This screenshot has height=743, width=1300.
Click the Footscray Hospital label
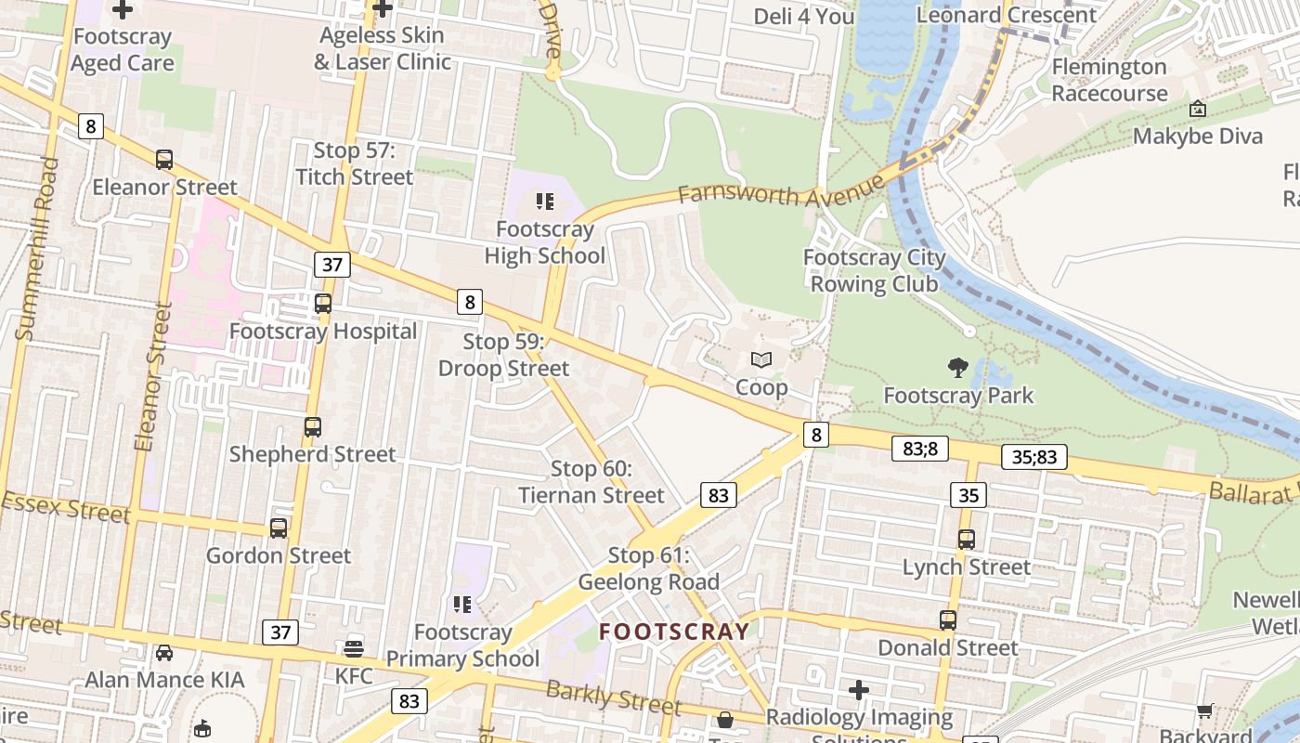click(x=323, y=332)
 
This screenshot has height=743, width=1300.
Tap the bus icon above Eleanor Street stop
click(x=164, y=160)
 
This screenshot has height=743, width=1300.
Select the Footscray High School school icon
click(x=545, y=201)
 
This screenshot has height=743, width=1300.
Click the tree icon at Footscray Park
click(x=958, y=368)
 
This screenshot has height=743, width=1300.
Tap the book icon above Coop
click(x=761, y=359)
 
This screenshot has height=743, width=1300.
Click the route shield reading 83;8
click(x=920, y=449)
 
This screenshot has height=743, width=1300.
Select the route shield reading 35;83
click(x=1034, y=457)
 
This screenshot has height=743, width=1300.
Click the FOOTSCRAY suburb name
click(x=674, y=632)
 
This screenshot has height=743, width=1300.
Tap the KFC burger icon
click(x=354, y=648)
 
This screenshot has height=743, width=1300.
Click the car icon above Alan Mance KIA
click(x=164, y=653)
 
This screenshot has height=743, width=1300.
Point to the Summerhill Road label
click(x=36, y=249)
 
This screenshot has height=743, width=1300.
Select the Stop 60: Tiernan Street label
click(x=591, y=482)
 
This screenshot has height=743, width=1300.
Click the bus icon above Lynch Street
click(x=967, y=540)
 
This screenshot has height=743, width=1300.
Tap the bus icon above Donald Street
click(x=948, y=619)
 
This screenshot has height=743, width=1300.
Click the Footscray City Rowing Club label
click(x=875, y=270)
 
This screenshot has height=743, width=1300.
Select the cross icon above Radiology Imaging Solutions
click(x=859, y=690)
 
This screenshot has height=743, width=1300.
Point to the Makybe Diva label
click(x=1198, y=137)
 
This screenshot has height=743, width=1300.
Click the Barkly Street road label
click(x=613, y=697)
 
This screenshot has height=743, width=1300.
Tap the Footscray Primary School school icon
click(x=462, y=605)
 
